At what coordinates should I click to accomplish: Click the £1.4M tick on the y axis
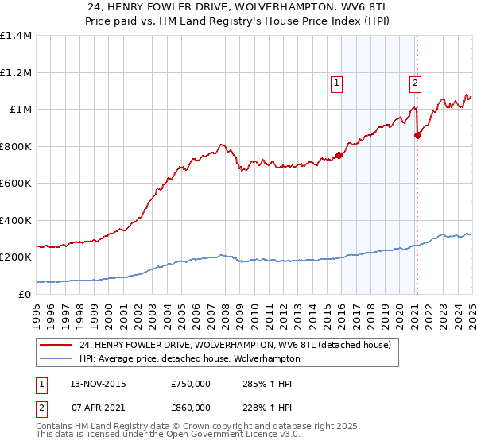tap(16, 36)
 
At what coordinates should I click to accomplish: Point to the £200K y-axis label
tap(16, 257)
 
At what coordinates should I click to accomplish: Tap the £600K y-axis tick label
tap(16, 184)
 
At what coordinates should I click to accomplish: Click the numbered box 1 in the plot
tap(337, 82)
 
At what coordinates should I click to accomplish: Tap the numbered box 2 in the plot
tap(416, 82)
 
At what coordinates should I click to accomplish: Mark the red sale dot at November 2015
tap(339, 155)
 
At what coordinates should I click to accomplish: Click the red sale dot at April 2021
tap(417, 135)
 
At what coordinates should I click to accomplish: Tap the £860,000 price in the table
tap(191, 406)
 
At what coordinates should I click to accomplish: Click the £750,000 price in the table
tap(191, 384)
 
